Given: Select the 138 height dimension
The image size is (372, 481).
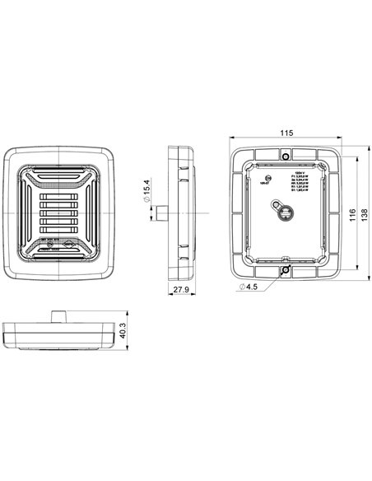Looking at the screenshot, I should point(365,212).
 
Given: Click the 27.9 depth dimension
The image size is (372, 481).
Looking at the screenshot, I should point(182,290).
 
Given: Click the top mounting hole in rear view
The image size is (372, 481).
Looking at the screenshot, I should point(286,156).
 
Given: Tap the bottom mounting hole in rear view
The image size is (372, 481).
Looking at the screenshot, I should point(286,269).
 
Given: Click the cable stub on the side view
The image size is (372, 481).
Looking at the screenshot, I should point(163,213).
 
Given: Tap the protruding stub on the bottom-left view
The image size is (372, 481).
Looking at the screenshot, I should point(58,315).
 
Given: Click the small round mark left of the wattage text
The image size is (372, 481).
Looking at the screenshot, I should point(265,179).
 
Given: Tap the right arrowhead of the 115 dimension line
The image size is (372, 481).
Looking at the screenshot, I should point(337,138).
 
